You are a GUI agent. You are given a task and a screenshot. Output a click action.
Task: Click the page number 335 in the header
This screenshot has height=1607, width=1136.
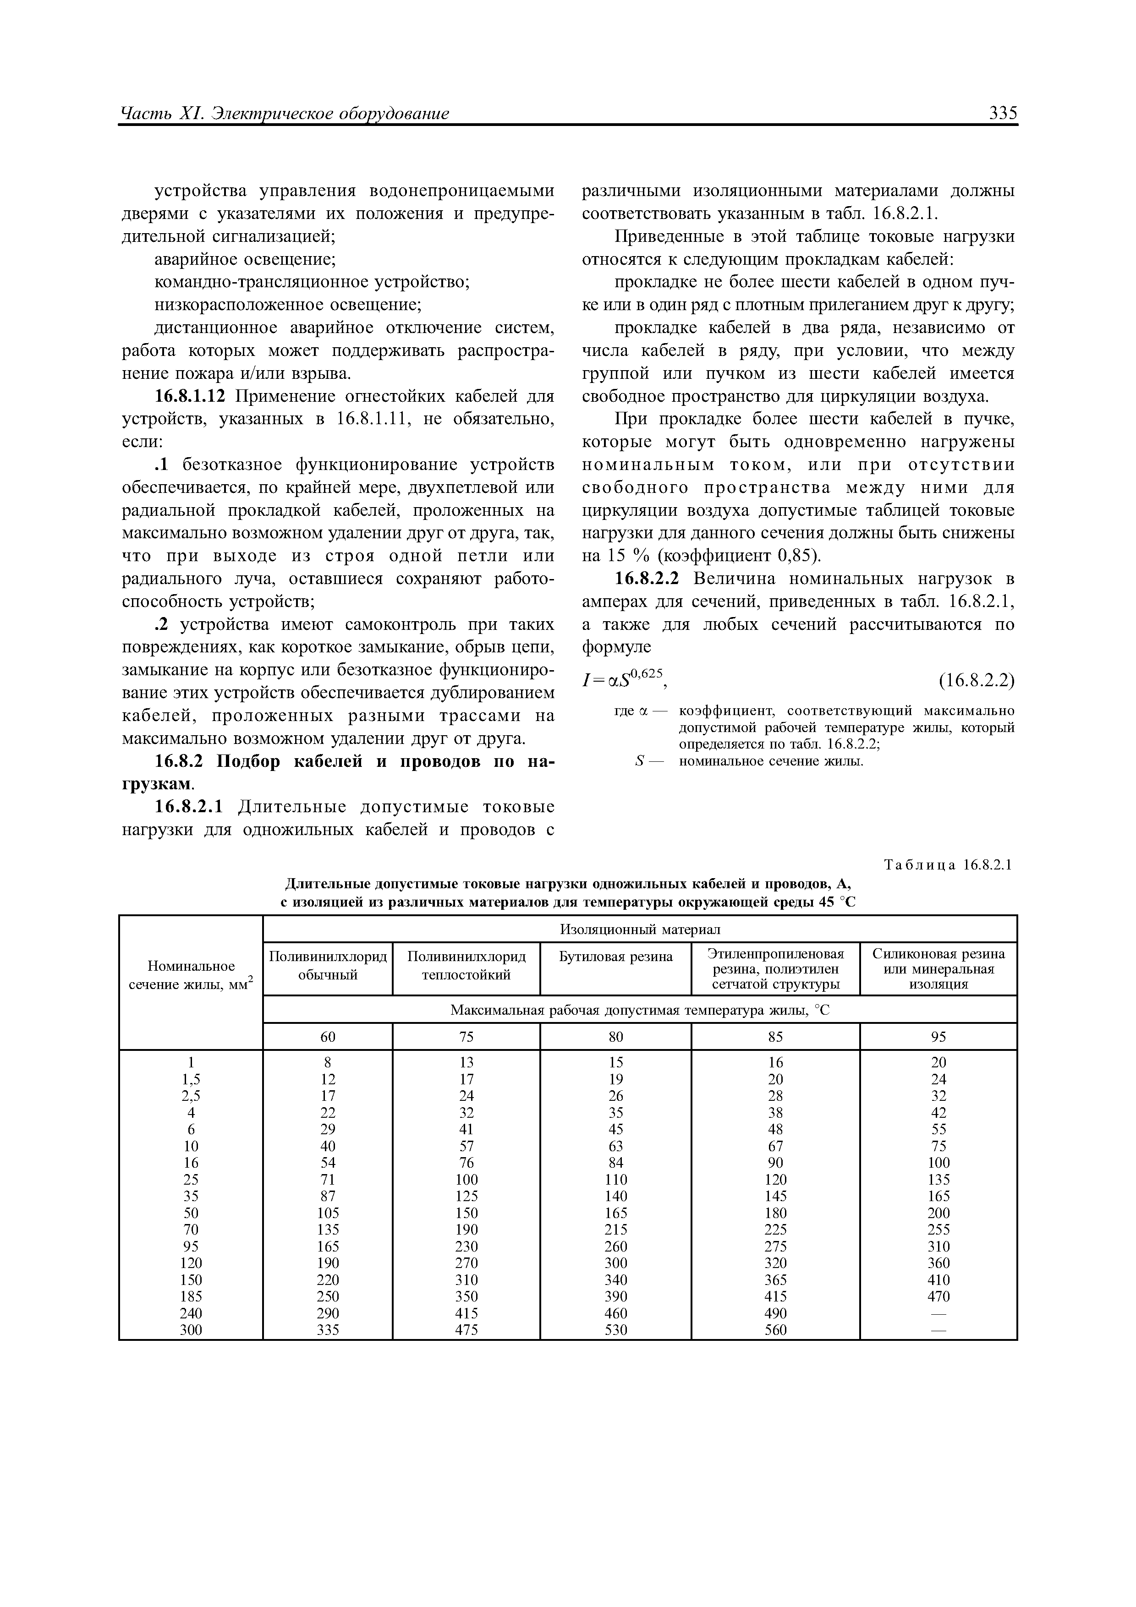click(x=1002, y=114)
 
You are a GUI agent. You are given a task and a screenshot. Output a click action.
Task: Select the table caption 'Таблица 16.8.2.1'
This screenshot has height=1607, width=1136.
click(x=949, y=866)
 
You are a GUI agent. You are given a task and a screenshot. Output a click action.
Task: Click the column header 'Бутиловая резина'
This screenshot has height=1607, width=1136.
click(x=615, y=956)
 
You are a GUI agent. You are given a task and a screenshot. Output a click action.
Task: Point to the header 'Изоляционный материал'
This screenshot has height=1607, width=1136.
click(x=640, y=929)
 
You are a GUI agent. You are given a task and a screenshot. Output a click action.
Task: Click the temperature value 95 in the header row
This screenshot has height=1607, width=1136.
click(x=938, y=1037)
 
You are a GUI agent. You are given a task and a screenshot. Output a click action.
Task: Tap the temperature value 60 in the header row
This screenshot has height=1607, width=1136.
click(x=328, y=1037)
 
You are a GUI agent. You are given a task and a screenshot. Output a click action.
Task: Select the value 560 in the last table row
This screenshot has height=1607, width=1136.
click(x=775, y=1330)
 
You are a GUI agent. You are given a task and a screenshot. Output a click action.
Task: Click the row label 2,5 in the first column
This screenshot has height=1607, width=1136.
click(x=190, y=1096)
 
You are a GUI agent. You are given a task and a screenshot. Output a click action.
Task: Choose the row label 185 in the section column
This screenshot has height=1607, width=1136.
click(x=190, y=1296)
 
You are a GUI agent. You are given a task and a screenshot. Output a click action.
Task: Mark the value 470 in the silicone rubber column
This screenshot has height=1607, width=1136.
click(x=938, y=1296)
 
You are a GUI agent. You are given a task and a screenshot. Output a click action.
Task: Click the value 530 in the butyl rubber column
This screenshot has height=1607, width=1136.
click(x=616, y=1330)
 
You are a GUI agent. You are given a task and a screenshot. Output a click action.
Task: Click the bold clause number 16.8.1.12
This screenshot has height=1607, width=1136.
click(x=190, y=397)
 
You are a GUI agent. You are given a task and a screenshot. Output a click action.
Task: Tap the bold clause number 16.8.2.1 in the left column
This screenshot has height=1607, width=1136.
click(x=189, y=807)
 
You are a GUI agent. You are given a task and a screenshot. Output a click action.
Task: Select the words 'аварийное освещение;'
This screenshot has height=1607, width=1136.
click(x=245, y=259)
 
